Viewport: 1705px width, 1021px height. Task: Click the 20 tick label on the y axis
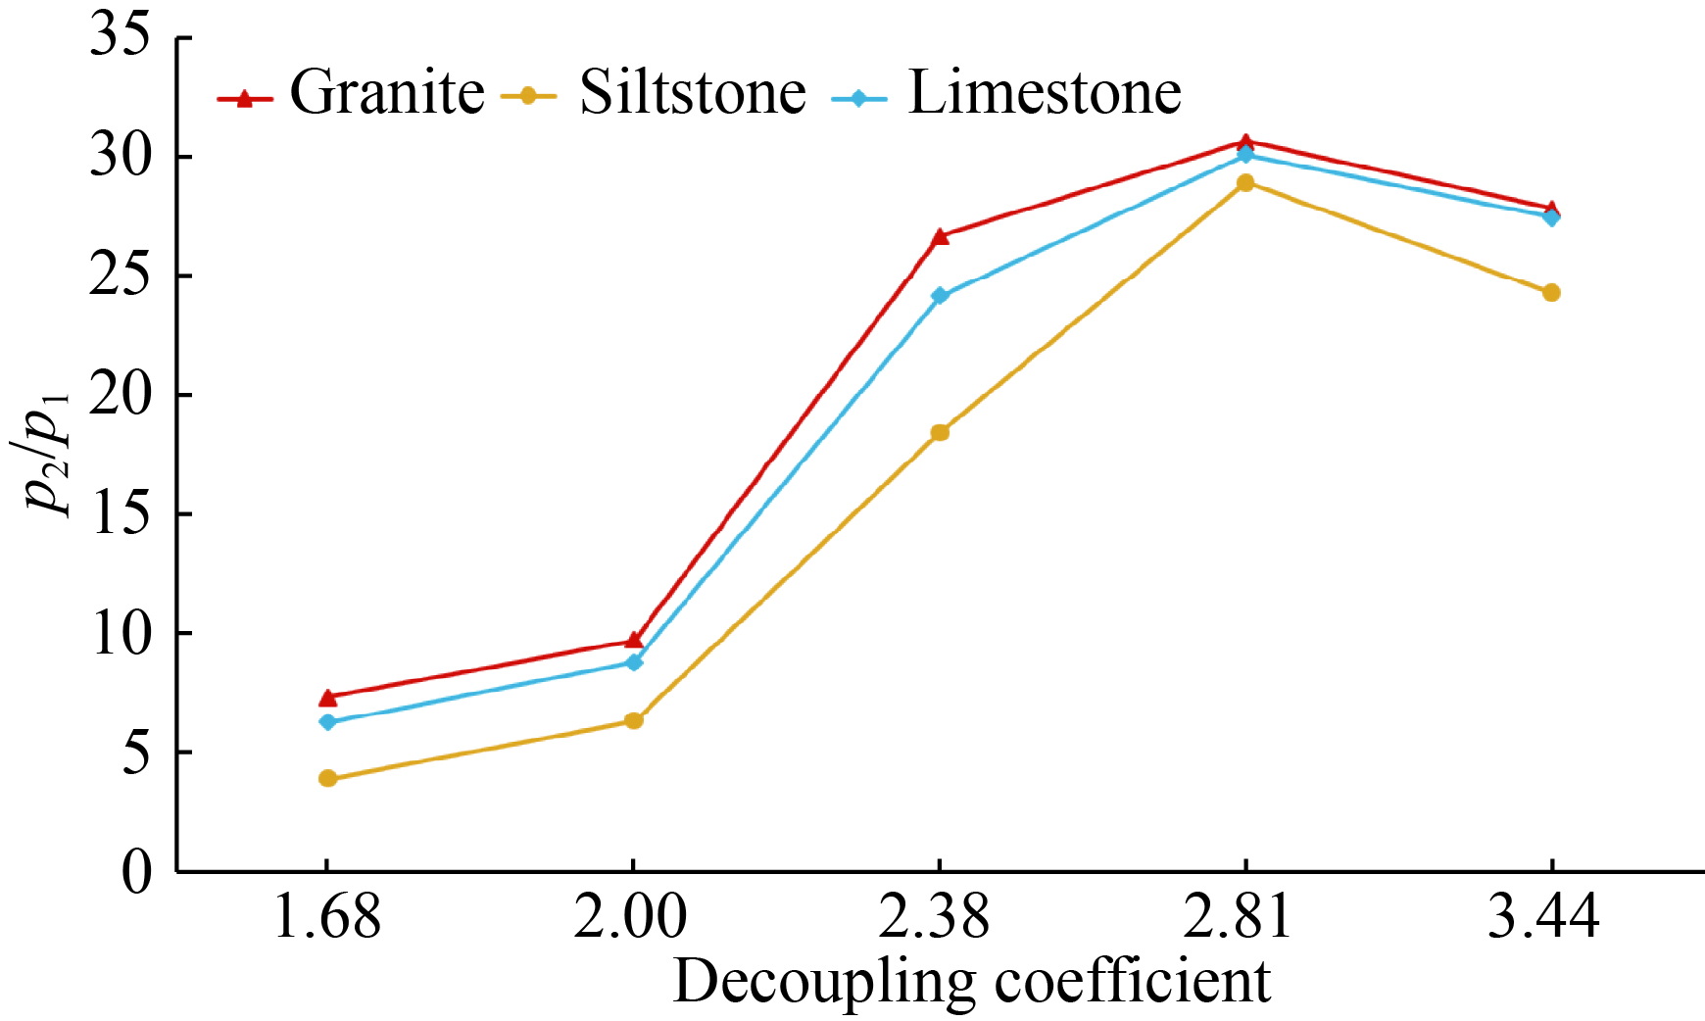point(120,395)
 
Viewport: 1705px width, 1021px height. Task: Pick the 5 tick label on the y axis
point(136,753)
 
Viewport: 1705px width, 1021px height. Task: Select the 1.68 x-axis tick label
point(326,919)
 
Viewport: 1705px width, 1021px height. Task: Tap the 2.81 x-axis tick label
point(1244,919)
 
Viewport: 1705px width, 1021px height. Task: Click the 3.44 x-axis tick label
point(1550,919)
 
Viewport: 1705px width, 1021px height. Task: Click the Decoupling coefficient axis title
point(971,982)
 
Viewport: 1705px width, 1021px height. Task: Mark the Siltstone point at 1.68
point(327,779)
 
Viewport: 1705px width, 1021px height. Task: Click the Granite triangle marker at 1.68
point(327,698)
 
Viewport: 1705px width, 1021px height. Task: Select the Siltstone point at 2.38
point(940,432)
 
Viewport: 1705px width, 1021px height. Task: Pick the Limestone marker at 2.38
point(940,296)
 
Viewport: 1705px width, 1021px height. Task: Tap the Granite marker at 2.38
point(940,236)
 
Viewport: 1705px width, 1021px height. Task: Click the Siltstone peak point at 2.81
point(1245,182)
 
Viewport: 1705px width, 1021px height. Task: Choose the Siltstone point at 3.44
point(1551,292)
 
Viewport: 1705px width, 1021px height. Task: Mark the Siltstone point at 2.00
point(634,721)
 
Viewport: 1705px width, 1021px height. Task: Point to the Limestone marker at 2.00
point(634,662)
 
